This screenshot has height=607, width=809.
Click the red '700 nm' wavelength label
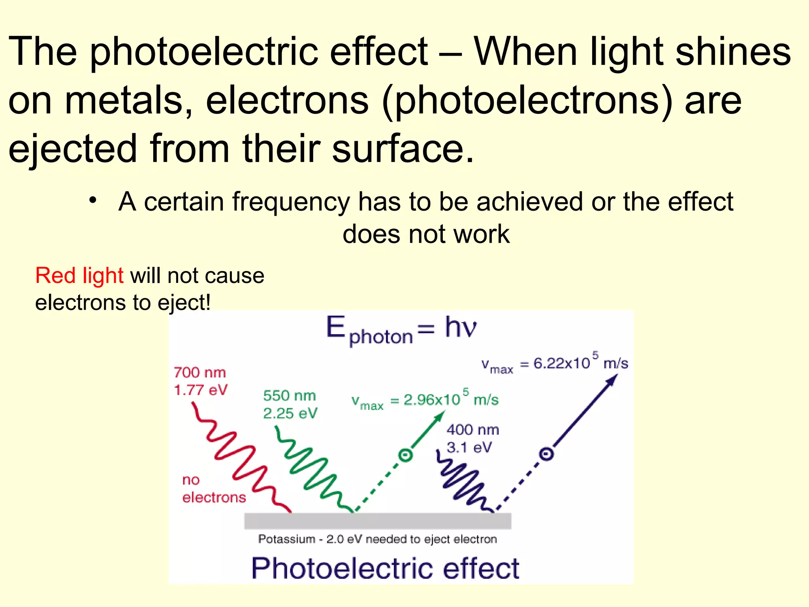click(199, 372)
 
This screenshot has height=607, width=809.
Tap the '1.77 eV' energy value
click(201, 390)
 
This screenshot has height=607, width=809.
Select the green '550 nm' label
click(289, 396)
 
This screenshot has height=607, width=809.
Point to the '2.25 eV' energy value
click(290, 413)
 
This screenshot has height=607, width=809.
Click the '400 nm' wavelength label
click(472, 430)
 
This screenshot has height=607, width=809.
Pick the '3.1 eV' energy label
click(469, 447)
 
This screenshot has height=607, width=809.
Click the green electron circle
click(405, 455)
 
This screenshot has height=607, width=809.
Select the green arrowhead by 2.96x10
click(440, 416)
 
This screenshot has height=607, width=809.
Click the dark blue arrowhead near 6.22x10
click(611, 380)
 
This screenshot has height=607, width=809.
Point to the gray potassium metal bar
click(377, 521)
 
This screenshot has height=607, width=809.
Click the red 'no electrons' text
click(213, 489)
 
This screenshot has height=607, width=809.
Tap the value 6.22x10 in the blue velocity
click(561, 363)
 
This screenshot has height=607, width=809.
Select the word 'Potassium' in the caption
click(286, 539)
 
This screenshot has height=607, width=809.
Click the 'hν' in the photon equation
click(460, 327)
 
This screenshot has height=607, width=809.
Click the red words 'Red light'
click(79, 275)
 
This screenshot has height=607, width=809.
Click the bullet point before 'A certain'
click(92, 200)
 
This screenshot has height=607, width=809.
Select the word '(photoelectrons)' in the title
click(527, 101)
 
